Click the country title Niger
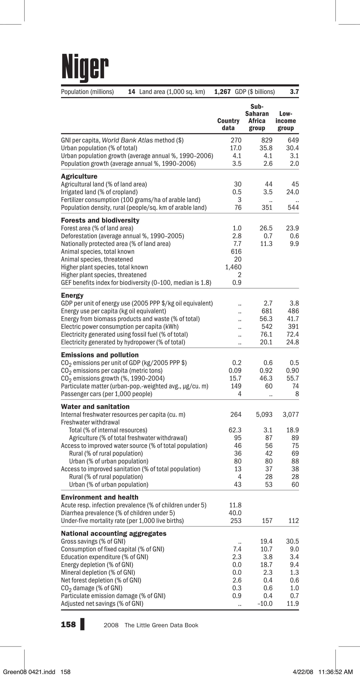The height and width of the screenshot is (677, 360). click(85, 67)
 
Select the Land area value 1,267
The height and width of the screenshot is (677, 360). click(223, 92)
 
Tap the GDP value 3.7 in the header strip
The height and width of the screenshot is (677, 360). click(294, 92)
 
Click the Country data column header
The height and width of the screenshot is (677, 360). click(228, 124)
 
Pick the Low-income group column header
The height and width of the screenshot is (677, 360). click(286, 121)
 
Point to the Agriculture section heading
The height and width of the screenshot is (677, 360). click(79, 176)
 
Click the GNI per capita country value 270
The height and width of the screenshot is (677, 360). click(236, 140)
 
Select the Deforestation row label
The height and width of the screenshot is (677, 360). click(122, 236)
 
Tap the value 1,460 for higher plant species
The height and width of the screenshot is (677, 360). click(233, 267)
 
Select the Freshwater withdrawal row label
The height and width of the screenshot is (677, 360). click(90, 422)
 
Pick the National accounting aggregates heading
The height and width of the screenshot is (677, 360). click(114, 533)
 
